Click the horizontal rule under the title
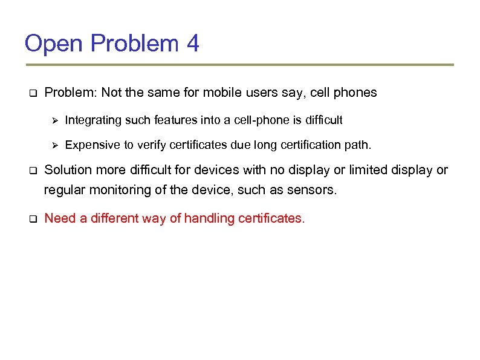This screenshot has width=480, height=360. click(x=239, y=65)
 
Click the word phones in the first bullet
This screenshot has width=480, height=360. click(x=355, y=93)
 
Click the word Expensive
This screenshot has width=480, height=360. click(x=89, y=145)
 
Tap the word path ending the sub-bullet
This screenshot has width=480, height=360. click(x=361, y=145)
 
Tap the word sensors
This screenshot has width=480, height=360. click(x=313, y=189)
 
